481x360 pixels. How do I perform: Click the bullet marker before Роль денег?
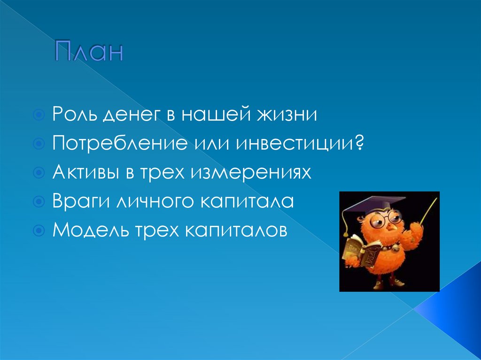(40, 115)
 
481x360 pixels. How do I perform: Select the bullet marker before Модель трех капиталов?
(40, 231)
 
